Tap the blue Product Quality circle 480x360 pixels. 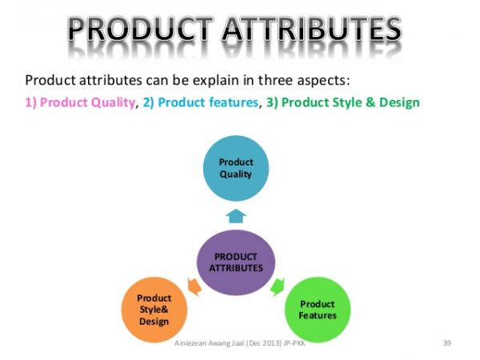pos(235,168)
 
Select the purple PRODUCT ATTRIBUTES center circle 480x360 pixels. pos(235,262)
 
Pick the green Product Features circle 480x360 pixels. pos(318,310)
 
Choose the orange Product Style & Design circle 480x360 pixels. pos(154,310)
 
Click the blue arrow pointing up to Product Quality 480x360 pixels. pos(235,215)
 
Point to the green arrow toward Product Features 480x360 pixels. pos(278,285)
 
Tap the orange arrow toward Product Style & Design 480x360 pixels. pos(193,285)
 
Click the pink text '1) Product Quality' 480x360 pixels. pos(80,102)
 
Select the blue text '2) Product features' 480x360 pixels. pos(202,102)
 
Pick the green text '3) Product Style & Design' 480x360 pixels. pos(350,102)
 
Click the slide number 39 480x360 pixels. pos(447,343)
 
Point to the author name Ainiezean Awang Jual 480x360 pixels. pos(210,343)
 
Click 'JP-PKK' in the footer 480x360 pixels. pos(308,343)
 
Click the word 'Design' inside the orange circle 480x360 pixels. pos(154,322)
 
